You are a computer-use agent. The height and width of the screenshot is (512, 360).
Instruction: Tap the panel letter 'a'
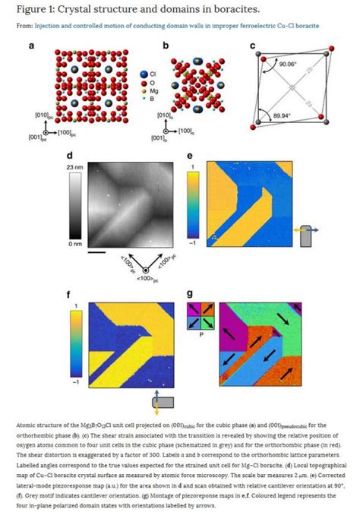click(32, 46)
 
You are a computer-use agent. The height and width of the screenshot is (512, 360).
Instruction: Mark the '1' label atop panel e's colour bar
click(194, 166)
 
